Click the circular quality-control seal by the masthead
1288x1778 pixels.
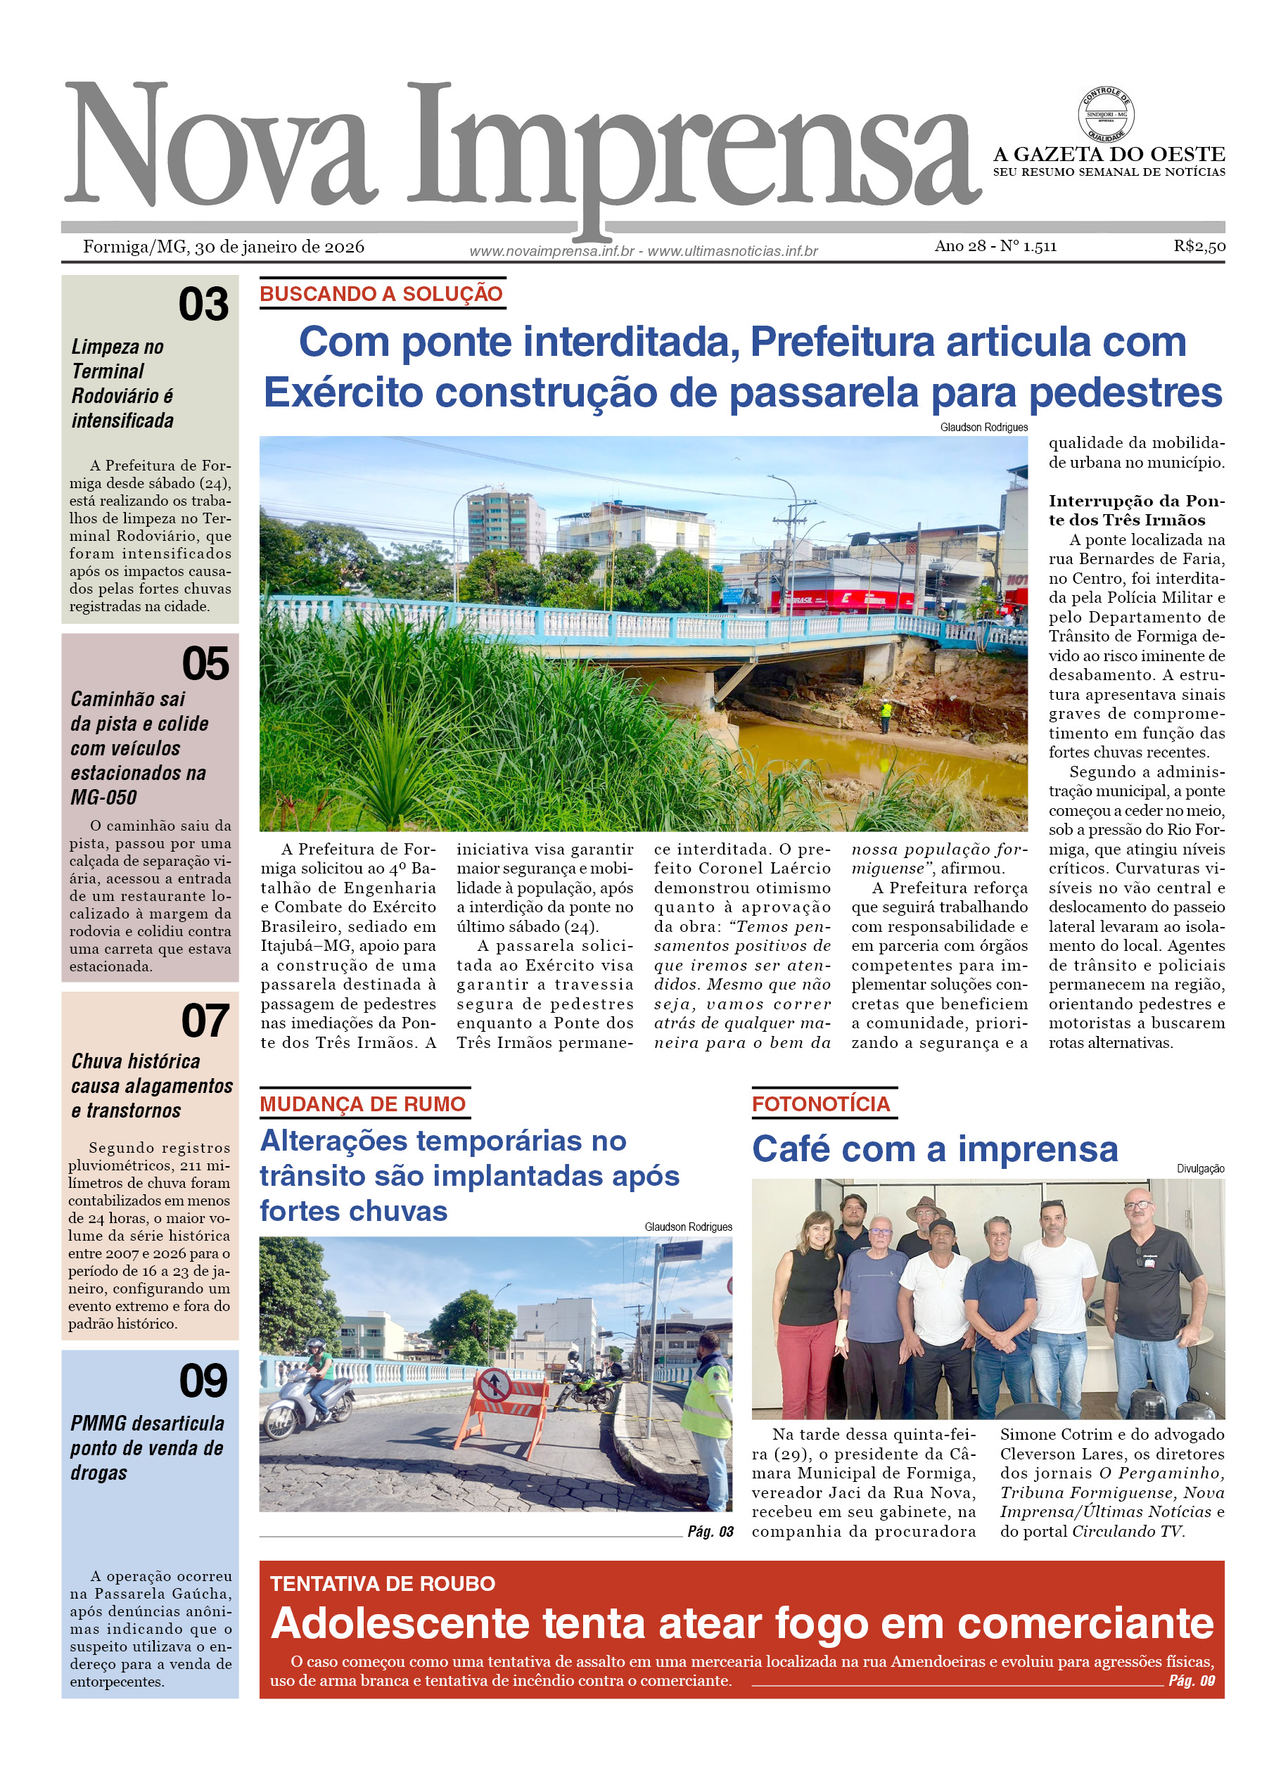[1105, 115]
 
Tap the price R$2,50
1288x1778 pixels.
[1199, 246]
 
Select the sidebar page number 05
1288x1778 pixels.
[205, 663]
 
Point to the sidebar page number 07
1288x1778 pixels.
[205, 1021]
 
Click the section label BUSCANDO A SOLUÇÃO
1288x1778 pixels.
[381, 294]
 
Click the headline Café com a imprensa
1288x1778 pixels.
[934, 1149]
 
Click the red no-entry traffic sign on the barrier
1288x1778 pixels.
[495, 1386]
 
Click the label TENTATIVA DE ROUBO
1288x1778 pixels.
[383, 1584]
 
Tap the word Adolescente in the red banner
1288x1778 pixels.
[400, 1623]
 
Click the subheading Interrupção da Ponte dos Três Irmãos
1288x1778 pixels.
[1136, 511]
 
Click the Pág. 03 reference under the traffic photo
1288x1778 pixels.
[710, 1531]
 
